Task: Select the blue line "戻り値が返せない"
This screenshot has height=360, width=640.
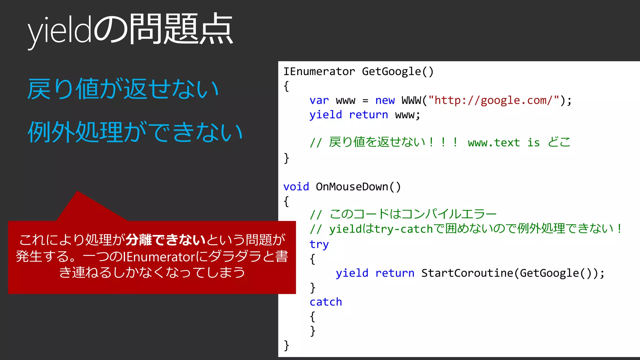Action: (123, 89)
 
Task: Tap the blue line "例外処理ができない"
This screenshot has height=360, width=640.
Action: (135, 132)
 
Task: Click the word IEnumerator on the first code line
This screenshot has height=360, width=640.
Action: (319, 72)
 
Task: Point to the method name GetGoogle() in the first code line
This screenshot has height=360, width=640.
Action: (397, 72)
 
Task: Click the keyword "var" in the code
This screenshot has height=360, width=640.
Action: (319, 100)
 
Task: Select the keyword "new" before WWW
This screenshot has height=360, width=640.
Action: (385, 100)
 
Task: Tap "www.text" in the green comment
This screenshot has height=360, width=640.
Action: (494, 143)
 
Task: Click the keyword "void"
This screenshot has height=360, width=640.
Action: (296, 187)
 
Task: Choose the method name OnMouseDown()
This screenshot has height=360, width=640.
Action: (358, 187)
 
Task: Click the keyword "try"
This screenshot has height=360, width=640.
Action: (319, 244)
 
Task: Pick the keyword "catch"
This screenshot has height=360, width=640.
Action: (326, 302)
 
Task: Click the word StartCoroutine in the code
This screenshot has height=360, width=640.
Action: (467, 273)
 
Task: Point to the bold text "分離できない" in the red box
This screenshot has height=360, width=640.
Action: (166, 240)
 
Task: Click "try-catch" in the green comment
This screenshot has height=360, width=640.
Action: (404, 229)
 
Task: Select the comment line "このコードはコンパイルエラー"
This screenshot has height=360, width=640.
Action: (412, 214)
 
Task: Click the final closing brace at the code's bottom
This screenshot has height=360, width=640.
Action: (286, 345)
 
